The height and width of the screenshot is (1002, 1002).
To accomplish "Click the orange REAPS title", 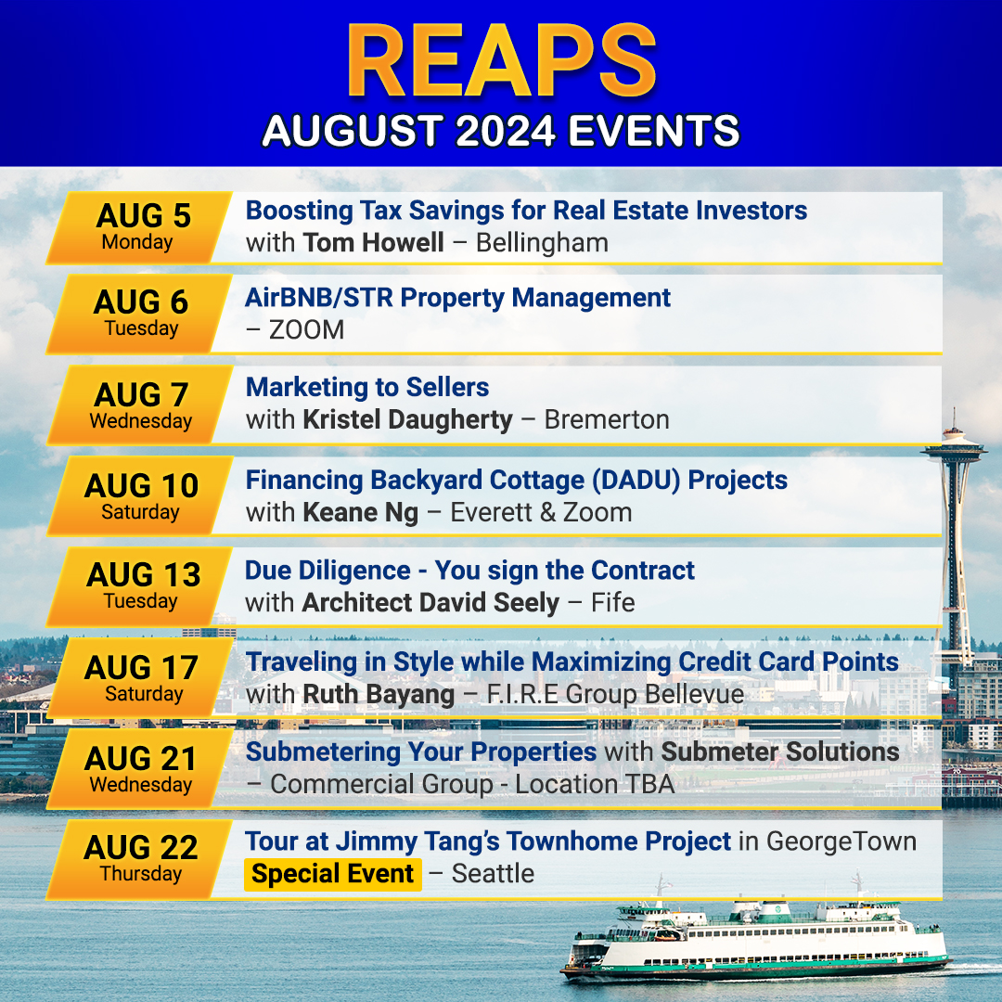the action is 502,61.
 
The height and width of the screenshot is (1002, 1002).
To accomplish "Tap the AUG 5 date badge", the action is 139,227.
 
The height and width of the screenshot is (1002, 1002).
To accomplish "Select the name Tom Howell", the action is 373,243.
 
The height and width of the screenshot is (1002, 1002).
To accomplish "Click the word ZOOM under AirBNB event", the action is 307,330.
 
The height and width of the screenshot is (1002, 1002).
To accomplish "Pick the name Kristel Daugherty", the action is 407,420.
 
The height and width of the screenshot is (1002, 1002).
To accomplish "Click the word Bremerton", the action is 607,420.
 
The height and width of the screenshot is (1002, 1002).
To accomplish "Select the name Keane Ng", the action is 360,512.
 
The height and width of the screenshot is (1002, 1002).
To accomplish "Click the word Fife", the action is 613,603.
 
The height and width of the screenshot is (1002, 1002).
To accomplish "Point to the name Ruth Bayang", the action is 379,695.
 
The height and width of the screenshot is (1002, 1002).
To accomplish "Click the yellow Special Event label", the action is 333,874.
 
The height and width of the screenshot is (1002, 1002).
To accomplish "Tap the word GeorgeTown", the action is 841,842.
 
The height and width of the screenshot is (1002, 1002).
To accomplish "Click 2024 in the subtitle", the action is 506,131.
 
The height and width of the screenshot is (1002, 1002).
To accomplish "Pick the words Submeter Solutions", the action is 780,752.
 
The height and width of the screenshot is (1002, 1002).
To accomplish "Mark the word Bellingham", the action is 542,243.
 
